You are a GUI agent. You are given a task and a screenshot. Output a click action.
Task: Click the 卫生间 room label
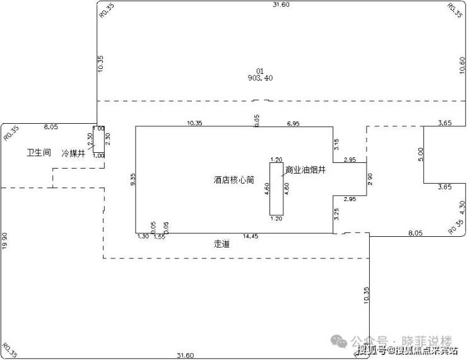(x=38, y=153)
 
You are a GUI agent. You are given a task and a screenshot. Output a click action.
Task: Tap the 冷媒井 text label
(x=73, y=153)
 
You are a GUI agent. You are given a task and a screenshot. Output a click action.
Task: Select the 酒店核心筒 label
(x=233, y=180)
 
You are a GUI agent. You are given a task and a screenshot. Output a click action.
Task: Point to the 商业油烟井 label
(x=306, y=170)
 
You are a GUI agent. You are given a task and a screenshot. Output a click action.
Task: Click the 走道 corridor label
(x=222, y=244)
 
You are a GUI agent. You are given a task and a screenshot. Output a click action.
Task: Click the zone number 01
(x=259, y=70)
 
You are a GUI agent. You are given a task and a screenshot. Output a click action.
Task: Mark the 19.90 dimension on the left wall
(x=5, y=241)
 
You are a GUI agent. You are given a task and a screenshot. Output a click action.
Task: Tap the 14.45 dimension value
(x=251, y=237)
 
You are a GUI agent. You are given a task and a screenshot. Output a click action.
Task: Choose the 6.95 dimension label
(x=293, y=123)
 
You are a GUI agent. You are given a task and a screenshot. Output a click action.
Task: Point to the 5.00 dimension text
(x=420, y=154)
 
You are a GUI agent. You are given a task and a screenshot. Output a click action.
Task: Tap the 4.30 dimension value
(x=462, y=207)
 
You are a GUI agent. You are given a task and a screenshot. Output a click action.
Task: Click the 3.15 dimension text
(x=337, y=145)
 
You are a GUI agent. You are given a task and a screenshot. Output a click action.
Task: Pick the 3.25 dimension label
(x=337, y=214)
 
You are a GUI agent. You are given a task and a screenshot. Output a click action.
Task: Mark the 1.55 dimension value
(x=158, y=237)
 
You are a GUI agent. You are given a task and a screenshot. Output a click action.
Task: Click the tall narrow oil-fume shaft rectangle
(x=276, y=189)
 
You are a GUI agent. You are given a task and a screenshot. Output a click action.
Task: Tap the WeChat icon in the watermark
(x=340, y=340)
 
